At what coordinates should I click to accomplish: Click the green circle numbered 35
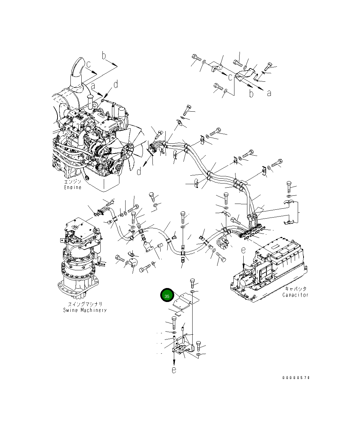pos(167,296)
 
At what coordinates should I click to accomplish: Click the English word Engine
pos(73,187)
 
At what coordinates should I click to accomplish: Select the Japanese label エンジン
pos(73,182)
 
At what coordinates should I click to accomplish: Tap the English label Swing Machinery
pos(85,310)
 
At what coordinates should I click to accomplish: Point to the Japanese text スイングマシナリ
pos(85,304)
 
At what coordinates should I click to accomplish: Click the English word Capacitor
pos(295,295)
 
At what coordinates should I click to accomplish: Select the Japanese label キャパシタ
pos(296,289)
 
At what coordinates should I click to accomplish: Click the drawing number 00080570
pos(296,378)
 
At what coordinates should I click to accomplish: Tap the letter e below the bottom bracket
pos(174,370)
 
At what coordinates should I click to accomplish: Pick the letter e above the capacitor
pos(243,250)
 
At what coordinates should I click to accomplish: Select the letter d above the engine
pos(116,84)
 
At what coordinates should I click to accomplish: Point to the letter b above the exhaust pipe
pos(104,56)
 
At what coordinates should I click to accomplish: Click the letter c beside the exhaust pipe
pos(88,64)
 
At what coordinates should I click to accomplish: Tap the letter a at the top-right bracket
pos(269,93)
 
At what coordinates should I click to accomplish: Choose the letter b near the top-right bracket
pos(251,94)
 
